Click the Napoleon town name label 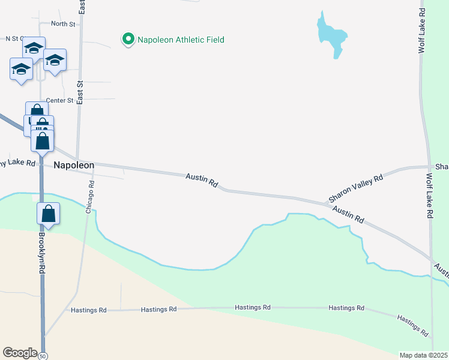[x=74, y=165]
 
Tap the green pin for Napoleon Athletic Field [x=128, y=40]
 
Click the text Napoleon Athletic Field [x=181, y=40]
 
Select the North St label [x=63, y=24]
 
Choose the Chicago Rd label [x=91, y=197]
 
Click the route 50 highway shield [x=43, y=355]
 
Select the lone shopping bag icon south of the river [x=49, y=214]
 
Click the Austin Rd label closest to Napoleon [x=202, y=179]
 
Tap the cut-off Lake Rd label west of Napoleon [x=18, y=163]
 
